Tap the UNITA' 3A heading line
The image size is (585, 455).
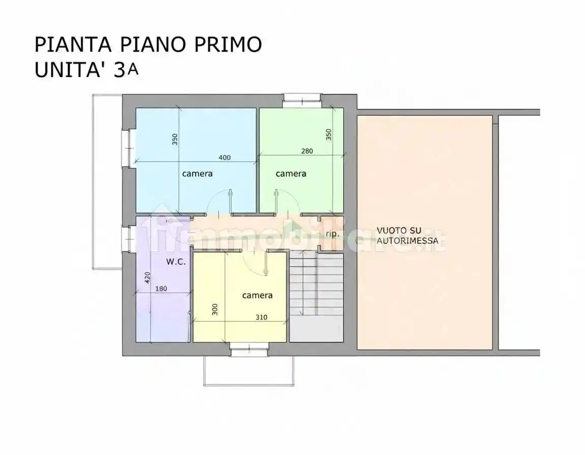(x=86, y=70)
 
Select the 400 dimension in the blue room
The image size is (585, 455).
(x=224, y=157)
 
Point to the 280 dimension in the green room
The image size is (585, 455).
(x=307, y=150)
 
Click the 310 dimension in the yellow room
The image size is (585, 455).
(x=262, y=317)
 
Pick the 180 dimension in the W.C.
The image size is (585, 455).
(x=161, y=289)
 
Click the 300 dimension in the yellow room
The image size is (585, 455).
(x=215, y=309)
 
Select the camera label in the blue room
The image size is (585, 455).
(x=198, y=174)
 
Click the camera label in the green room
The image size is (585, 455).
(x=291, y=174)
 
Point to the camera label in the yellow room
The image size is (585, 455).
(x=257, y=295)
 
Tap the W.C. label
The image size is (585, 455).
(x=176, y=262)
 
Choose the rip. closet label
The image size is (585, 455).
(x=332, y=234)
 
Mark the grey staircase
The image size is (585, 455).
(x=316, y=297)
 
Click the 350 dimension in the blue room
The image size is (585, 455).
(x=175, y=140)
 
